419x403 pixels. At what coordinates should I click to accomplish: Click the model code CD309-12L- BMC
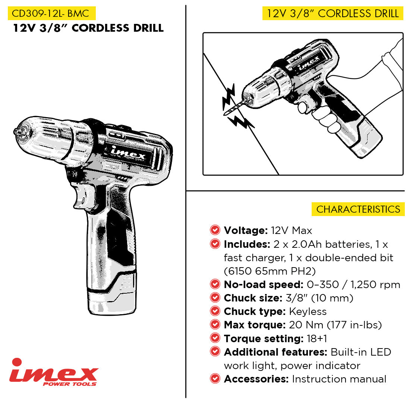point(50,13)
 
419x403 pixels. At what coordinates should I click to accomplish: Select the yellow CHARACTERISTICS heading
point(358,209)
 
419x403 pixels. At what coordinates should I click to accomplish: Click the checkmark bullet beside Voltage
point(215,230)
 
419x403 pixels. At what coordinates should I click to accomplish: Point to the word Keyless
point(308,312)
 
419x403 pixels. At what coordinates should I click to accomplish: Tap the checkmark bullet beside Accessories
point(215,379)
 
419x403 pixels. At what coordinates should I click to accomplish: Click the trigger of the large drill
point(82,195)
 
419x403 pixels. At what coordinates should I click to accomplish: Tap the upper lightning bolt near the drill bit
point(229,97)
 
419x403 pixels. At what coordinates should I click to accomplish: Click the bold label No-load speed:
point(264,285)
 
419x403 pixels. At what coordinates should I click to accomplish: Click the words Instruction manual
point(339,379)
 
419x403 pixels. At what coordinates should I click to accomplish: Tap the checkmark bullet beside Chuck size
point(215,298)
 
